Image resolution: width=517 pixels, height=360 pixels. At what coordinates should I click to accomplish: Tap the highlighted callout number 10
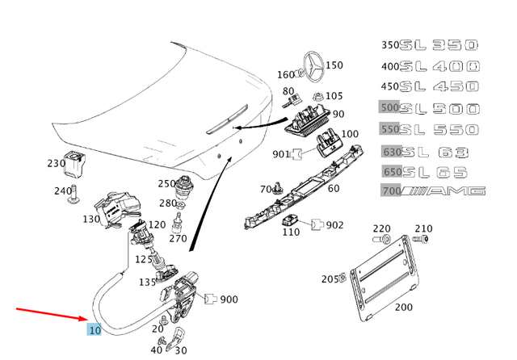[95, 329]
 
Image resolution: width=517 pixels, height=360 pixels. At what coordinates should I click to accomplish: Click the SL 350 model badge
[443, 44]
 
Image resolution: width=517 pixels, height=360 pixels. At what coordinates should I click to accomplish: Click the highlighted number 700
[390, 190]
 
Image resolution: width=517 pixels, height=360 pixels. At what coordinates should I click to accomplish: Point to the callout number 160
[286, 75]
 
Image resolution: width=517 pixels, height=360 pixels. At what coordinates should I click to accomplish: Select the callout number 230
[56, 163]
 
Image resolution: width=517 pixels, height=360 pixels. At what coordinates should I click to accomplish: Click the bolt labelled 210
[420, 240]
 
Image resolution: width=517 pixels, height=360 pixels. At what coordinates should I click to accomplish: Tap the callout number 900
[229, 299]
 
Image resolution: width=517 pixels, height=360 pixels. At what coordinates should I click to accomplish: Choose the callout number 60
[333, 189]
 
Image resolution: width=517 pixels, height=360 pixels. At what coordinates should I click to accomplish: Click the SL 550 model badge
[443, 129]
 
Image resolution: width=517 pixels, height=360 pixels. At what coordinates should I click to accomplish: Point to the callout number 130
[91, 219]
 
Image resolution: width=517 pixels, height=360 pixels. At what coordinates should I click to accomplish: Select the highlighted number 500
[390, 107]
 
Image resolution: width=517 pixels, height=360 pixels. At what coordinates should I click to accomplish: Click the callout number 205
[330, 279]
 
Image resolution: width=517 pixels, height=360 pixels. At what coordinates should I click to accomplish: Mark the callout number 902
[334, 225]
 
